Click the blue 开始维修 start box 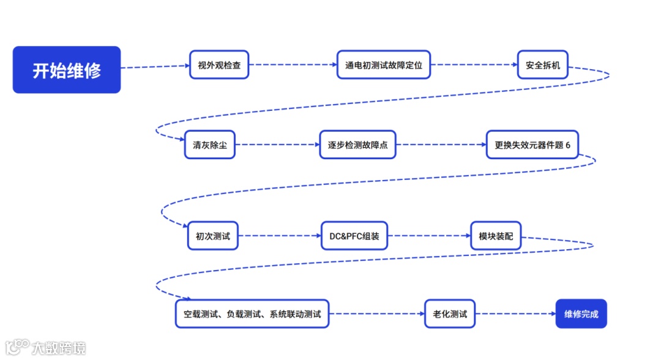[67, 70]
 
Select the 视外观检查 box [219, 65]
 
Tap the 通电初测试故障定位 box [383, 65]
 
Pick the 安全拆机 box [543, 65]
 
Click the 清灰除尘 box [209, 145]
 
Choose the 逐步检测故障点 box [357, 145]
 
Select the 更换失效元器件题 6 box [532, 145]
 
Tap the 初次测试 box [212, 236]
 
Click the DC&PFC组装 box [354, 236]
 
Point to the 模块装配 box [496, 236]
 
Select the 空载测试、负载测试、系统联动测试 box [252, 314]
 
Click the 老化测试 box [450, 314]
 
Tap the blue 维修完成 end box [581, 314]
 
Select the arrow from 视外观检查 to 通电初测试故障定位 [293, 64]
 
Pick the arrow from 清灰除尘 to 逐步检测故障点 [277, 145]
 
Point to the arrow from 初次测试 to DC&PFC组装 [279, 236]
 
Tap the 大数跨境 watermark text [59, 348]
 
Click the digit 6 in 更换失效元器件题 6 [568, 145]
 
